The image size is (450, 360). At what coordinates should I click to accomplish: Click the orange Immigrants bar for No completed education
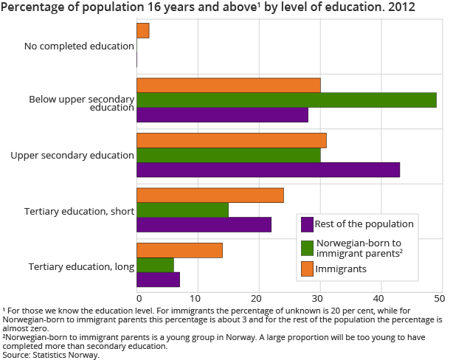tap(143, 30)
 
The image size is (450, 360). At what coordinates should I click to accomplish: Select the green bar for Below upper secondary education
tap(286, 100)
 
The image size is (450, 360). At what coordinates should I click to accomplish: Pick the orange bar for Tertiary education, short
tap(210, 195)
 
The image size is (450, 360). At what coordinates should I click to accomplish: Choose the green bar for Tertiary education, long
tap(156, 265)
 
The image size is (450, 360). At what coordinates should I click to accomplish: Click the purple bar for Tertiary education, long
tap(159, 280)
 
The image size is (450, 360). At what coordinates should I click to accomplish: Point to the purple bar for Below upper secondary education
tap(222, 115)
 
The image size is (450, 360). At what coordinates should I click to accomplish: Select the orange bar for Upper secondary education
tap(232, 140)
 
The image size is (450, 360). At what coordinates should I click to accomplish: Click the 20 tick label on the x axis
tap(258, 297)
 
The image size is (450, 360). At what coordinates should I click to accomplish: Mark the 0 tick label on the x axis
tap(139, 297)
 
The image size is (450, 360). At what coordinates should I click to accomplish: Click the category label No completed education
tap(78, 46)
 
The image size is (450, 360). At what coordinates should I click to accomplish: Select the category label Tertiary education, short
tap(81, 211)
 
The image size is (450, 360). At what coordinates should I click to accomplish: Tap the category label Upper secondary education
tap(72, 156)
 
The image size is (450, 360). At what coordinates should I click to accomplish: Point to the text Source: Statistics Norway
tap(51, 355)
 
